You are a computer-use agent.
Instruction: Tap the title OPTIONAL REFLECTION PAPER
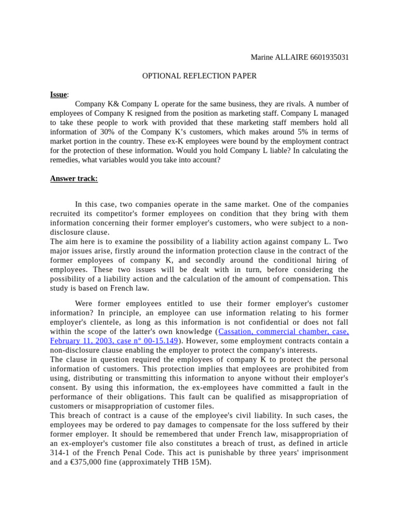199,76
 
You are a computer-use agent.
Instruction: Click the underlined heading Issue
58,95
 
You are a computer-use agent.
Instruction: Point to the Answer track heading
74,179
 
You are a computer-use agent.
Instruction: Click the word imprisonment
322,453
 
